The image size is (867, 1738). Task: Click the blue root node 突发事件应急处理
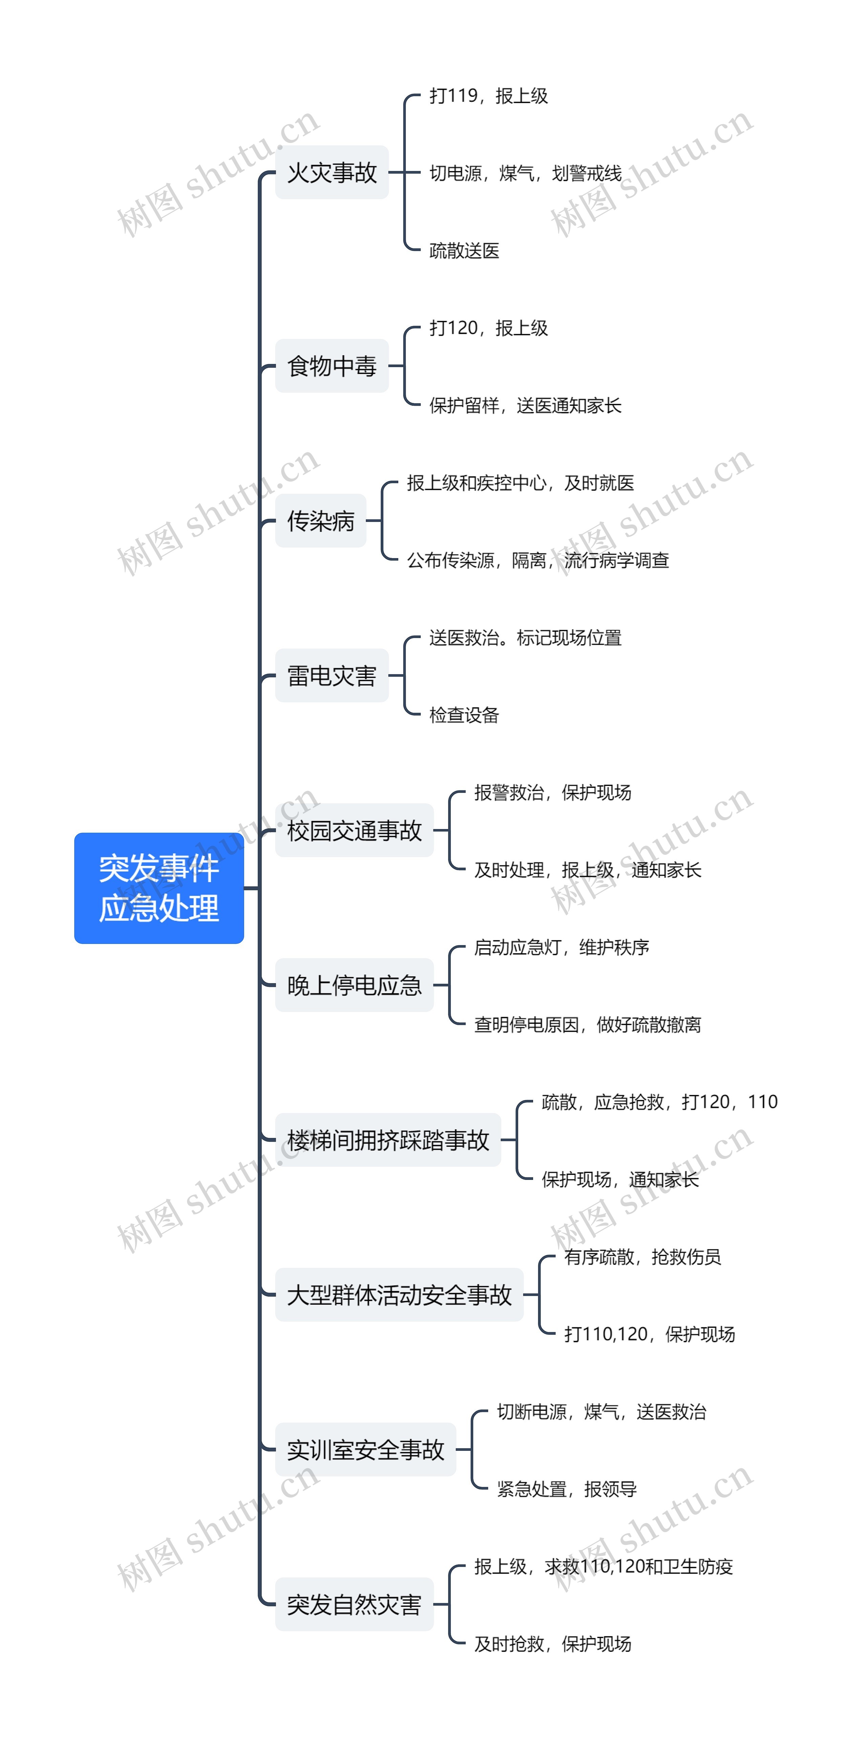tap(158, 888)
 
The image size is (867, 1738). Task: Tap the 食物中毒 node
tap(332, 366)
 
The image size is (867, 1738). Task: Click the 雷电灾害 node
tap(332, 675)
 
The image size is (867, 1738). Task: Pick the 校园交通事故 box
tap(354, 830)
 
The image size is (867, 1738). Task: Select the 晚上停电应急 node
tap(354, 985)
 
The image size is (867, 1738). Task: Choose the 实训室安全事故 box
tap(366, 1449)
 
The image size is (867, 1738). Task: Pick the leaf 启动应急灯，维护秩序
tap(562, 947)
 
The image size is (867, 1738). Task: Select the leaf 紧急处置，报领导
tap(567, 1489)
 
